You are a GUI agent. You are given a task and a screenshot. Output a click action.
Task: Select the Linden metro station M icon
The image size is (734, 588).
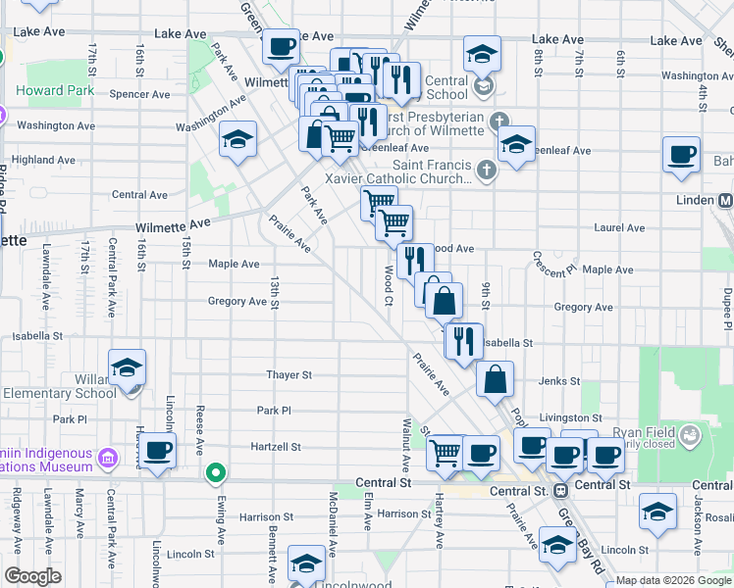[x=726, y=200]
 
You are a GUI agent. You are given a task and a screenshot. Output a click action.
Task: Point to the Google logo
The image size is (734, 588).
[x=32, y=576]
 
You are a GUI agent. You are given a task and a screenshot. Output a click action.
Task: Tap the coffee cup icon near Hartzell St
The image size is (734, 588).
[x=157, y=452]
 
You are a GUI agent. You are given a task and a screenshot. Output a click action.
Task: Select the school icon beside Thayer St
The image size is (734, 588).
[x=128, y=368]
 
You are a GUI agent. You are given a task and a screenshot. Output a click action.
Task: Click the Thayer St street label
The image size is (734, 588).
[x=288, y=374]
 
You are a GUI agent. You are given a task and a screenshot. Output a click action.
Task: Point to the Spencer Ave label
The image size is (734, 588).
[x=140, y=95]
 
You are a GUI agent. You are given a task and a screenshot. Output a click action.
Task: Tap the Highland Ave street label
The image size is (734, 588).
[x=46, y=160]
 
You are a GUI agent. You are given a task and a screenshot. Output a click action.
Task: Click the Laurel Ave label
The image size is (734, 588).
[x=619, y=228]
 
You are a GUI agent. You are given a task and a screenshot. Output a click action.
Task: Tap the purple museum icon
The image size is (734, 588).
[x=108, y=458]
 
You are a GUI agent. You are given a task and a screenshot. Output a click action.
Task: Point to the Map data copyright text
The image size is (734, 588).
[x=673, y=580]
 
